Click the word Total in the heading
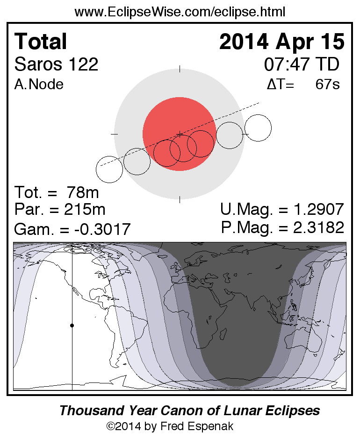[41, 42]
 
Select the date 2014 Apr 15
[281, 42]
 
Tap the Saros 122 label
[57, 64]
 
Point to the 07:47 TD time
[302, 64]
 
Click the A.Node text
[39, 85]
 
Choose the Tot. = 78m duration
[57, 192]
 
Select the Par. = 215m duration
[60, 209]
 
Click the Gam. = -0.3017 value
[72, 229]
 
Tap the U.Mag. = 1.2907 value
[282, 209]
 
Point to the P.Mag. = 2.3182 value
[282, 227]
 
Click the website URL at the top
[180, 12]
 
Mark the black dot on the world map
[72, 325]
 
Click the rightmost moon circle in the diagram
[258, 127]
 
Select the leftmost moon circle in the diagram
[109, 169]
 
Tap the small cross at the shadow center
[180, 135]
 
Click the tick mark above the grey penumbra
[180, 70]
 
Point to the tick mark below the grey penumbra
[180, 199]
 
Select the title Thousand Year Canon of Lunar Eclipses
[189, 411]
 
